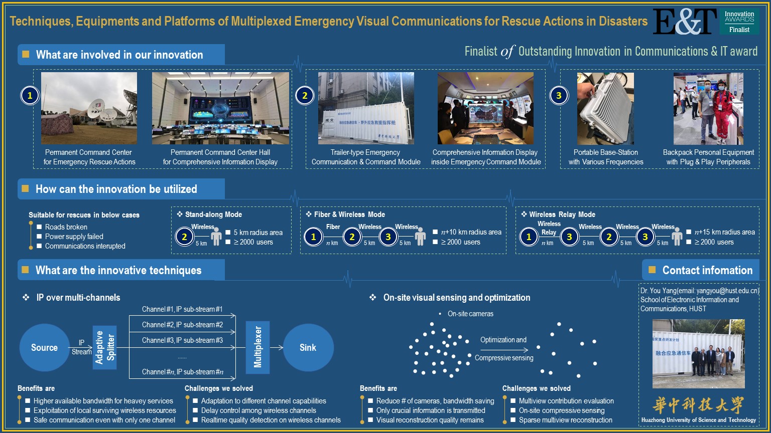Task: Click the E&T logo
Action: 685,22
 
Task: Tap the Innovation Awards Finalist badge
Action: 739,22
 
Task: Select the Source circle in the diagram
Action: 44,347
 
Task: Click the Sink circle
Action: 308,347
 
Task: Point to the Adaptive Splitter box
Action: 105,347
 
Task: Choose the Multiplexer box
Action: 258,347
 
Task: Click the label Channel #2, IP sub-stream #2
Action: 182,325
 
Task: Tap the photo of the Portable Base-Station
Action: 605,108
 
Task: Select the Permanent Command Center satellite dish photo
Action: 89,108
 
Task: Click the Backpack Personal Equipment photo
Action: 708,108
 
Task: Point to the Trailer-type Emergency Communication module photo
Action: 366,108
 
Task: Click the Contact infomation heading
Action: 707,270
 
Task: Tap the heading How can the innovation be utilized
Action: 116,189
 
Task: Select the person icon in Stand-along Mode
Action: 216,237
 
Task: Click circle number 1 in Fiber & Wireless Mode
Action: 313,237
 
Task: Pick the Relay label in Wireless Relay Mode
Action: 549,232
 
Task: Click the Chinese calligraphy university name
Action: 698,405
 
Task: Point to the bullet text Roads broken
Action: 66,227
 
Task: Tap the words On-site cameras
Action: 470,314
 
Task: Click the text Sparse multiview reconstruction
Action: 565,420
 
